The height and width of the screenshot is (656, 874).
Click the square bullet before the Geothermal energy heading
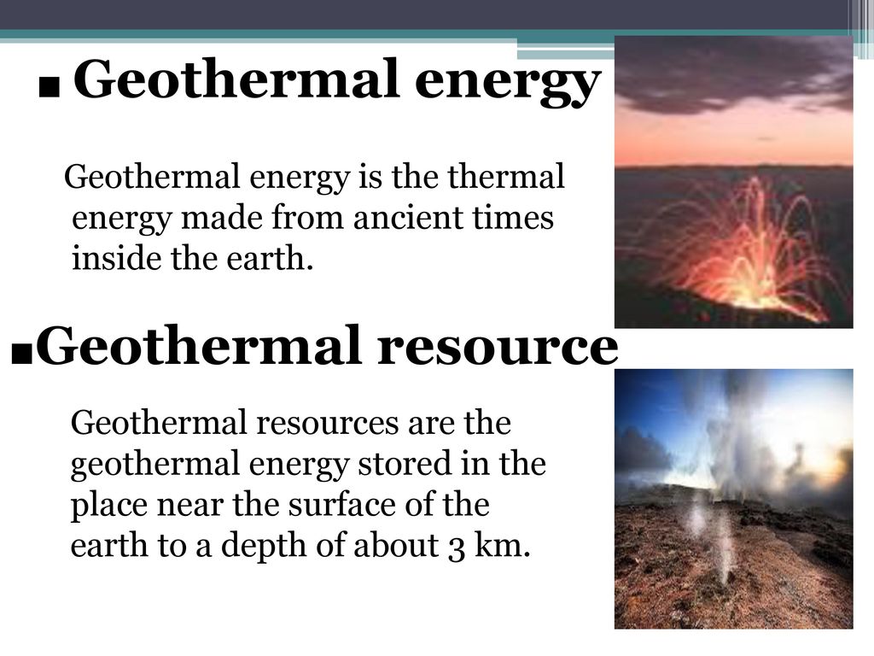[x=50, y=88]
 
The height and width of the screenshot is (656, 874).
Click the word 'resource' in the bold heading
[x=498, y=345]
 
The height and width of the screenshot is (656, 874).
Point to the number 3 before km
[x=457, y=548]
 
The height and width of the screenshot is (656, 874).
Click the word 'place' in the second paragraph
[x=108, y=506]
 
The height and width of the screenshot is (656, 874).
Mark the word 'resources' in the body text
[x=327, y=423]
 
